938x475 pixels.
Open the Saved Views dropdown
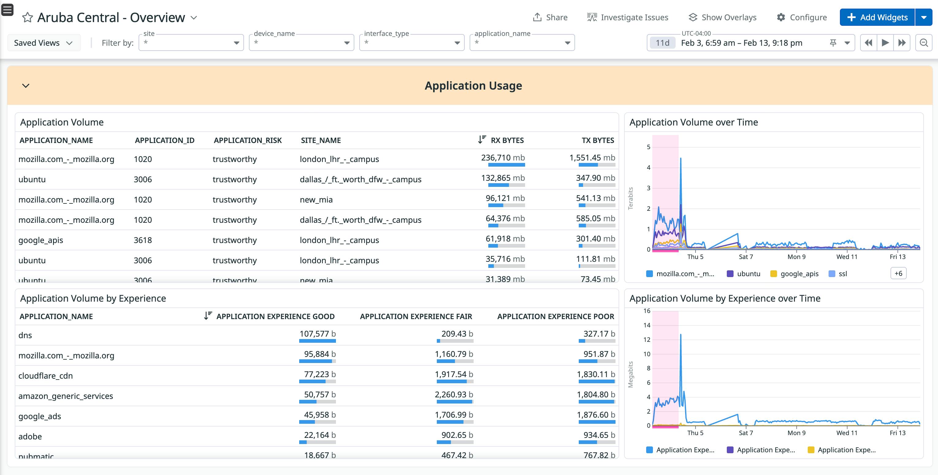[43, 43]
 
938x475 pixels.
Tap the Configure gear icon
[781, 17]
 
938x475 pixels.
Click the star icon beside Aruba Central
[27, 17]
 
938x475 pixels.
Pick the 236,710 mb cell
[502, 158]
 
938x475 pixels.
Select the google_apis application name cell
[41, 240]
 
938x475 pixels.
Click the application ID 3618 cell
[143, 240]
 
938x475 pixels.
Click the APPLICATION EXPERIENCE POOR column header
[555, 316]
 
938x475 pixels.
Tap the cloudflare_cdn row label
[45, 376]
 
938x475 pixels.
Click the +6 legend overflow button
[898, 273]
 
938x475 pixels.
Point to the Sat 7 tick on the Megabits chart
[745, 433]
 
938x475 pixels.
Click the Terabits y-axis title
[630, 198]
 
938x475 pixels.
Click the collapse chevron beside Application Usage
[26, 86]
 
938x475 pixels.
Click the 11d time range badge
[662, 43]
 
